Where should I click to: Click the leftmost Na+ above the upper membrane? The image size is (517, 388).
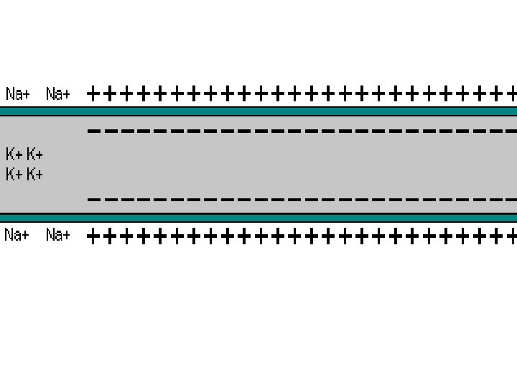click(x=17, y=94)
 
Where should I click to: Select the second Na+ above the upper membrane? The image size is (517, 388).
click(x=58, y=94)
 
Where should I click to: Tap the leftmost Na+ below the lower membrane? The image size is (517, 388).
click(x=17, y=235)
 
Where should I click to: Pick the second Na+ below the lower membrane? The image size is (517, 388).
click(x=58, y=235)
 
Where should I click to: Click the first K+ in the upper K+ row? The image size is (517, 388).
click(x=14, y=154)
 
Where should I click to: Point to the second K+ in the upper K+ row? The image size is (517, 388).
click(x=34, y=154)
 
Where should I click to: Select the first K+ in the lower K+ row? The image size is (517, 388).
click(x=14, y=174)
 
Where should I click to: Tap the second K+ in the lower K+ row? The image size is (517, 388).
click(x=34, y=174)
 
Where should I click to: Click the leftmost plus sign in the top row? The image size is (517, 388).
click(x=93, y=93)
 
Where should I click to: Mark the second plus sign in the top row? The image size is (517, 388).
click(x=110, y=93)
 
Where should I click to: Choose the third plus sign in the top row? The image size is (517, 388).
click(x=127, y=93)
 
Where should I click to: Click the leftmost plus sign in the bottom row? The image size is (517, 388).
click(x=93, y=236)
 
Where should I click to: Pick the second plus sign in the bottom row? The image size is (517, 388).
click(x=110, y=236)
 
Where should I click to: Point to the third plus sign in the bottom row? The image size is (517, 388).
click(x=127, y=236)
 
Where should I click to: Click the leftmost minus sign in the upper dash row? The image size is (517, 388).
click(x=93, y=131)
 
